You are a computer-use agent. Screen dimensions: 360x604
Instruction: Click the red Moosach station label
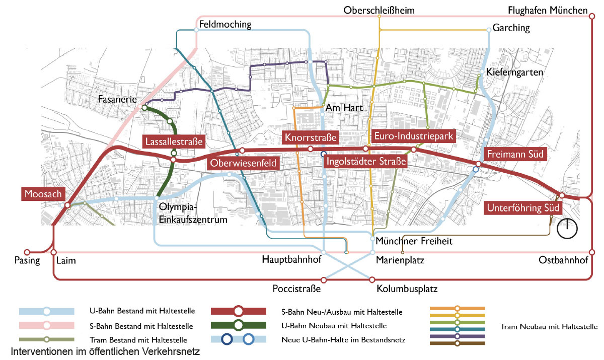(42, 193)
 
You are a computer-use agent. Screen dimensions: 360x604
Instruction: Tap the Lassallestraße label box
(174, 141)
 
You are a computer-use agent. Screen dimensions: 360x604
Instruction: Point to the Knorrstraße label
(310, 137)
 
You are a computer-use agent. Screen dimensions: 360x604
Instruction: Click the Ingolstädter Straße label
(365, 162)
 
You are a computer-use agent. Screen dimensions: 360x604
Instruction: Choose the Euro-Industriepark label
(414, 136)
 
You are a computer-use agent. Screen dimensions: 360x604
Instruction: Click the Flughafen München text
(548, 11)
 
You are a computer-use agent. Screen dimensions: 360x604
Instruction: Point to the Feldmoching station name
(225, 24)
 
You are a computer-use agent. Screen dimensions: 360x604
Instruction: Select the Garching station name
(511, 28)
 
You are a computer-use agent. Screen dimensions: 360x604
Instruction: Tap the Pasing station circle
(27, 252)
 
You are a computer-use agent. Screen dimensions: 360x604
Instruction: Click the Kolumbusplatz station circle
(373, 279)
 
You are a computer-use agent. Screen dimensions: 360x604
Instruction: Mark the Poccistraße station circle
(324, 279)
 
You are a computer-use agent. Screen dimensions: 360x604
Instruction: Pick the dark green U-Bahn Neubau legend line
(239, 326)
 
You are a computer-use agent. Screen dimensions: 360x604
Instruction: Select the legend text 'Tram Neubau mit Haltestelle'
(549, 327)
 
